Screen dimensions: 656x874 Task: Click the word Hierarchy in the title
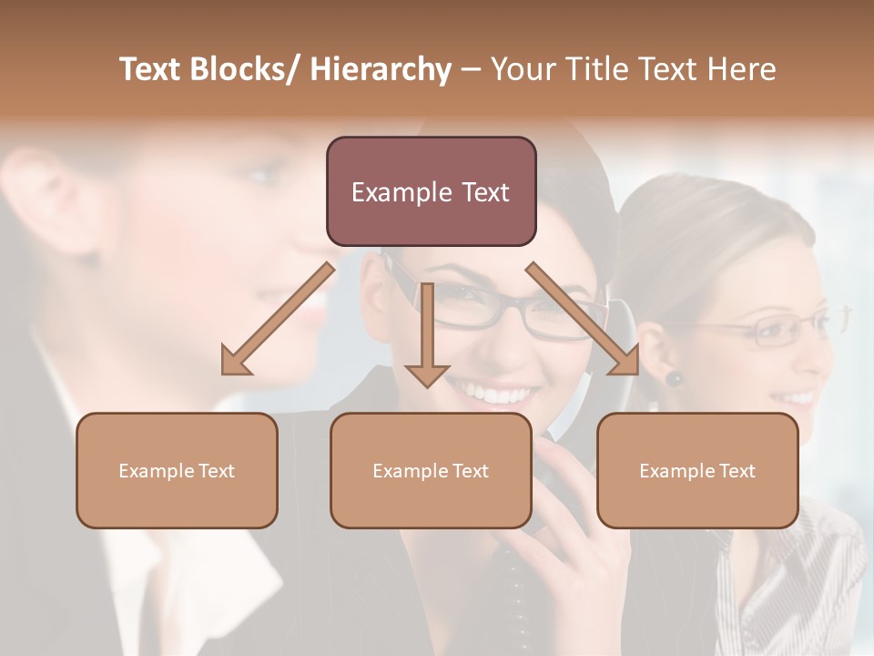coord(381,69)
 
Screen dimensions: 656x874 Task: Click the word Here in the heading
coord(743,69)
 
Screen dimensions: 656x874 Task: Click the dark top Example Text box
coord(431,191)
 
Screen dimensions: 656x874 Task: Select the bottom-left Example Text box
coord(177,470)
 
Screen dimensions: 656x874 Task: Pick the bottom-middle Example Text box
coord(431,470)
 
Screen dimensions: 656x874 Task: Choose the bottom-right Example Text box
coord(697,470)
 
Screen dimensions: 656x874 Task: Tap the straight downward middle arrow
coord(427,333)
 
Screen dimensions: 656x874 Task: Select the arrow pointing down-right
coord(583,319)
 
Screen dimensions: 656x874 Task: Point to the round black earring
coord(674,377)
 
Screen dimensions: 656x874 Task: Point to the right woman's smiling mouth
coord(797,398)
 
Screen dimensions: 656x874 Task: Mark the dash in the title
coord(471,69)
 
